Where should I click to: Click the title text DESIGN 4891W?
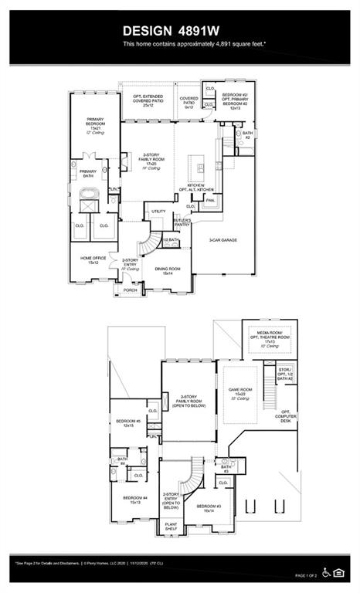(178, 32)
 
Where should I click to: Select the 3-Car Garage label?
(222, 240)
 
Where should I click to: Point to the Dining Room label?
(167, 270)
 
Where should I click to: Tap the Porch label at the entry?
(131, 290)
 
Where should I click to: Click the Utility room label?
(158, 211)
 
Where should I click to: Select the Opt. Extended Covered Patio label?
(148, 100)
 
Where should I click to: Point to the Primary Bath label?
(87, 173)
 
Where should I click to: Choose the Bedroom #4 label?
(134, 500)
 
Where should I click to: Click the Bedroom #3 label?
(208, 508)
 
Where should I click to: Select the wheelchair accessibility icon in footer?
(328, 572)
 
